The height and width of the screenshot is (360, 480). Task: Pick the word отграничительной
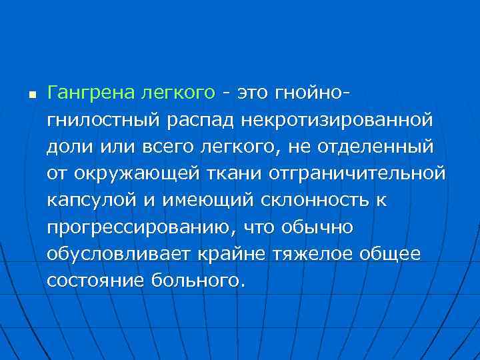click(x=357, y=173)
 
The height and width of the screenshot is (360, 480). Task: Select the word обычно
click(x=312, y=227)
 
